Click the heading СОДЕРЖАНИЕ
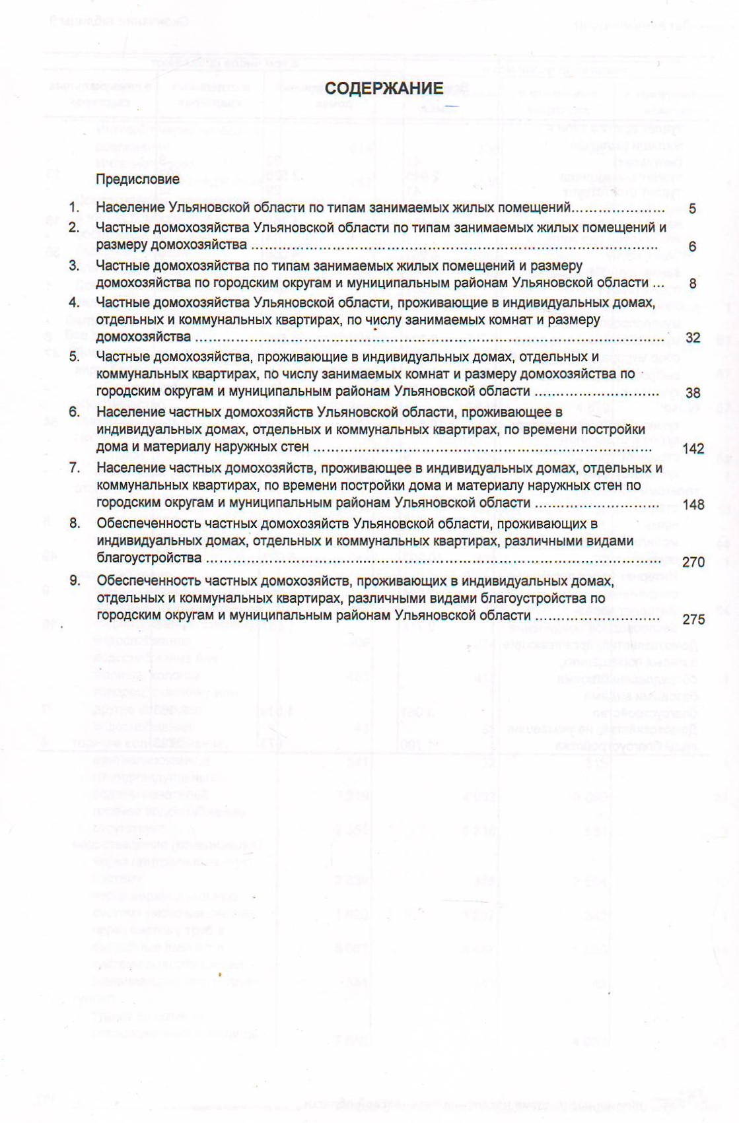(x=384, y=88)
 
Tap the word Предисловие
(x=137, y=179)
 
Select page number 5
(x=692, y=209)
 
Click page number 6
(x=692, y=246)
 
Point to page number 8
(x=692, y=284)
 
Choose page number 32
(x=692, y=338)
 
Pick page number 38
(x=692, y=393)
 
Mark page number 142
(x=693, y=449)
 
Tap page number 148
(x=693, y=505)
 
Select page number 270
(x=693, y=562)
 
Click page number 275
(x=693, y=619)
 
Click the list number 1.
(x=74, y=207)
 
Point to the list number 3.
(x=74, y=265)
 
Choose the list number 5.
(x=74, y=357)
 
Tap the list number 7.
(x=74, y=468)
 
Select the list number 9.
(x=74, y=580)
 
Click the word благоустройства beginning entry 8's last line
(x=149, y=558)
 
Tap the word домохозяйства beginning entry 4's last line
(x=143, y=337)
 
